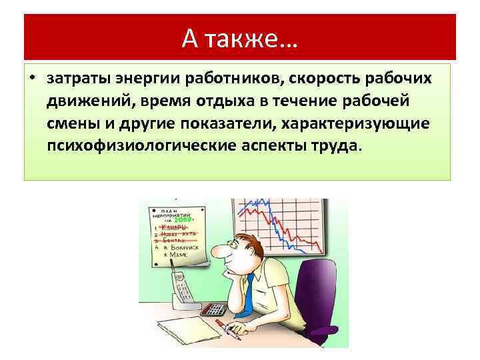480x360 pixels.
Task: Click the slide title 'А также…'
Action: (240, 37)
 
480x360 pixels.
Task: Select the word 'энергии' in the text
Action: (134, 79)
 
